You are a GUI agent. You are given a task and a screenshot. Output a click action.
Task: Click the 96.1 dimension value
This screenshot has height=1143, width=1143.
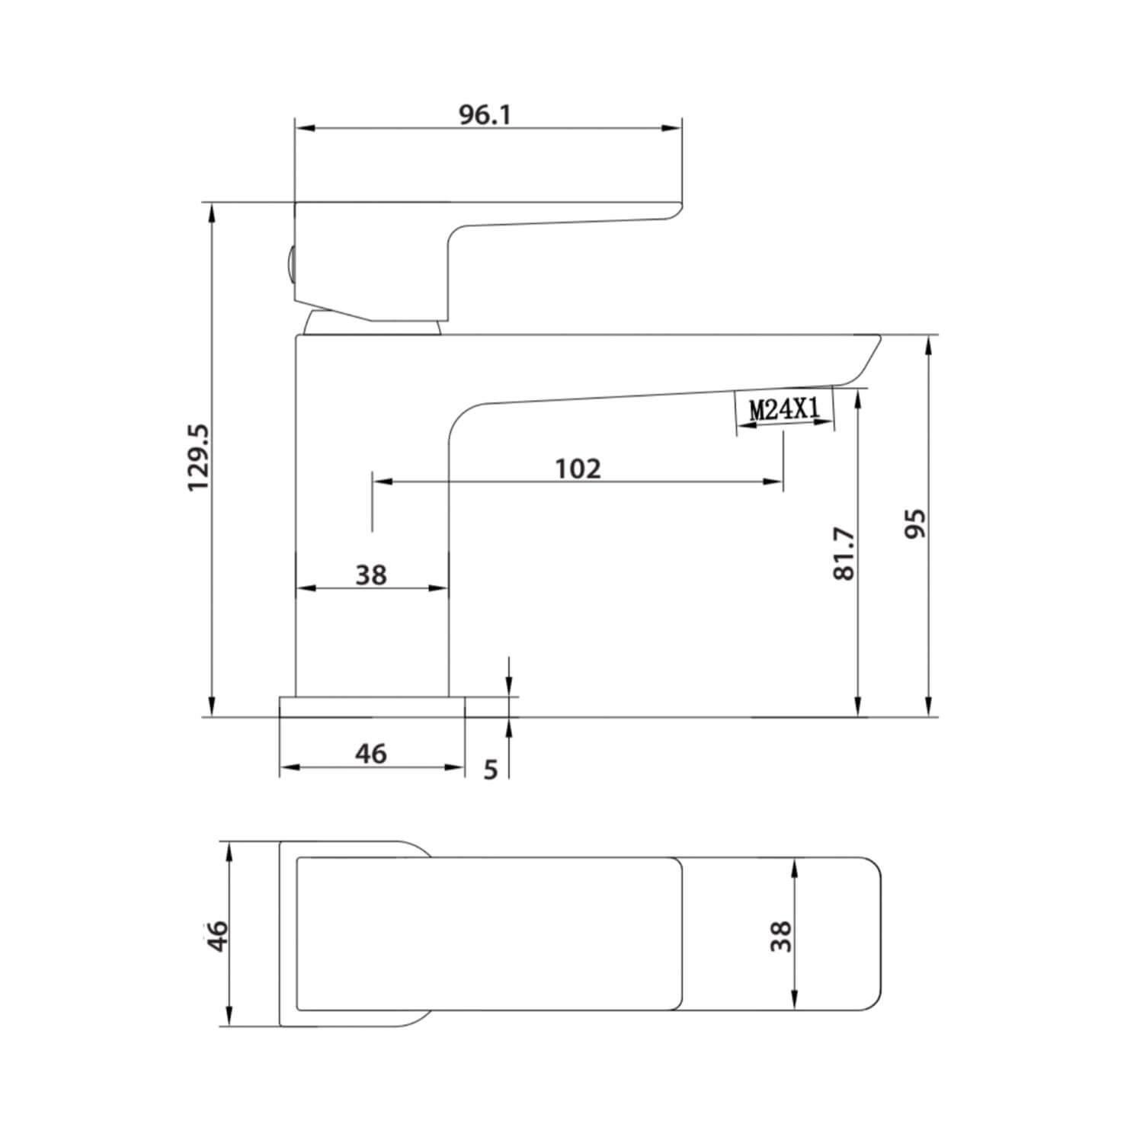pyautogui.click(x=485, y=114)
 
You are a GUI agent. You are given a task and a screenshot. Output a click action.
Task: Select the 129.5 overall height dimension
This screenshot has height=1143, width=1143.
pyautogui.click(x=200, y=459)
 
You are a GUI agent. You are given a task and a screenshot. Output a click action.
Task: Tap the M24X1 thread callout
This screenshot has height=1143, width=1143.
pyautogui.click(x=784, y=410)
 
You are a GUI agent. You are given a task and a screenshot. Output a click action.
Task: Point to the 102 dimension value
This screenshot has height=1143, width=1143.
pyautogui.click(x=578, y=469)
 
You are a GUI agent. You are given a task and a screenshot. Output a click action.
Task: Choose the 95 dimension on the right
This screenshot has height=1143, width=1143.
pyautogui.click(x=914, y=523)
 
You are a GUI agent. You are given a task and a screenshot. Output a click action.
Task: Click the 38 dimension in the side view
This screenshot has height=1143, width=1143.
pyautogui.click(x=371, y=575)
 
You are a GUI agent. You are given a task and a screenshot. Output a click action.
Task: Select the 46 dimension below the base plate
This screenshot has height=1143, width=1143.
pyautogui.click(x=371, y=754)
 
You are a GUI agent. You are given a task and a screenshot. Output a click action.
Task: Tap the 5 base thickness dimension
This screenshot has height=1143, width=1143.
pyautogui.click(x=491, y=770)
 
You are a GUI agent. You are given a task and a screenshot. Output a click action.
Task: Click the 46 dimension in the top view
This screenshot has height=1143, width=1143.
pyautogui.click(x=218, y=936)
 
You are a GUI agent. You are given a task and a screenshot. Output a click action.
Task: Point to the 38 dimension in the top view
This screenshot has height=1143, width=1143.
pyautogui.click(x=781, y=936)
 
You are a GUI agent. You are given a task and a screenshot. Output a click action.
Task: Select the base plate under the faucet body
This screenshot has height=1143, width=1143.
pyautogui.click(x=372, y=706)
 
